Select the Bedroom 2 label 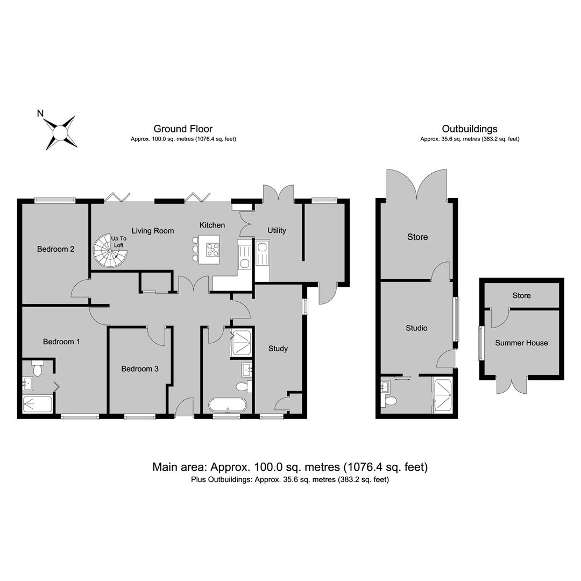pos(55,249)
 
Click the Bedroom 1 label pos(61,342)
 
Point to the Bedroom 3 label pos(140,369)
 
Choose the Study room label pos(278,349)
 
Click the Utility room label pos(277,230)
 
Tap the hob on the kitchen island pos(212,250)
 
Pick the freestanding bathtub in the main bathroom pos(227,405)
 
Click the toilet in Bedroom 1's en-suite pos(38,368)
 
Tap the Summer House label pos(521,343)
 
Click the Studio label pos(416,328)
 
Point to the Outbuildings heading pos(470,129)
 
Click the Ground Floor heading pos(183,129)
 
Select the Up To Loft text pos(118,242)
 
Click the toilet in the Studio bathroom pos(390,401)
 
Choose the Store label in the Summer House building pos(521,296)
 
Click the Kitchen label pos(212,225)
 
